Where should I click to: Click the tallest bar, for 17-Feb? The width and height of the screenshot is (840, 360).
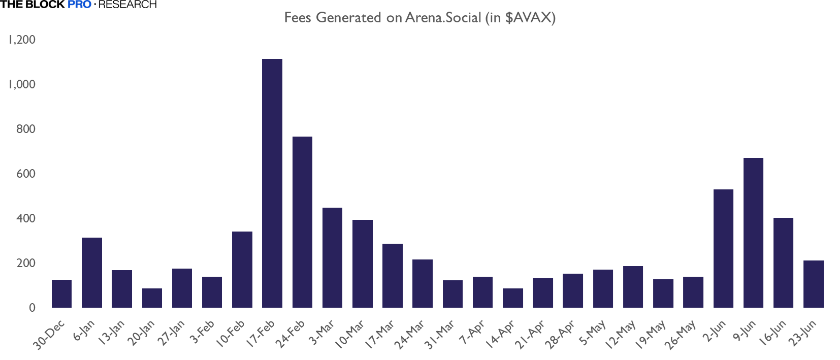click(272, 183)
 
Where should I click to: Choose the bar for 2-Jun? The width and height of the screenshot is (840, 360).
click(723, 248)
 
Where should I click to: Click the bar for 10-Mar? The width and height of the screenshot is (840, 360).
click(363, 264)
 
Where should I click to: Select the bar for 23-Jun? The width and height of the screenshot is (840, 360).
click(813, 284)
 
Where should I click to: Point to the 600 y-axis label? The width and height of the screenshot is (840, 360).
click(26, 174)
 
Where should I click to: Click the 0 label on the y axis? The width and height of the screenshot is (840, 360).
click(32, 308)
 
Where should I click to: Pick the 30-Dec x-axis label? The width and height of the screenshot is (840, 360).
click(49, 335)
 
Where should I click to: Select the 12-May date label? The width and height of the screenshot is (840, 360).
click(621, 335)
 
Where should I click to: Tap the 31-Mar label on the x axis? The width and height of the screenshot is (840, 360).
click(440, 335)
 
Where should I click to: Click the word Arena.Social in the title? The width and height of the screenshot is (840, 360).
click(443, 18)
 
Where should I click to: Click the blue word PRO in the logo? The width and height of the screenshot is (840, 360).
click(79, 5)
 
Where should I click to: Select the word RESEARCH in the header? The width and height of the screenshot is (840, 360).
click(127, 5)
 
